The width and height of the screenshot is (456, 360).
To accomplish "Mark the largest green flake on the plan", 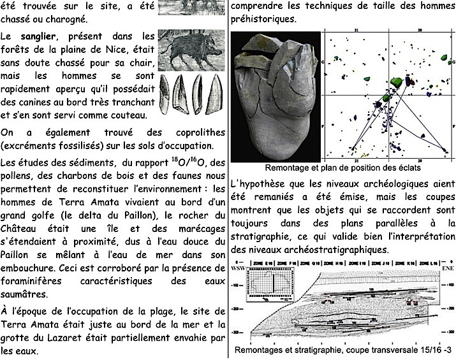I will [395, 82].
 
